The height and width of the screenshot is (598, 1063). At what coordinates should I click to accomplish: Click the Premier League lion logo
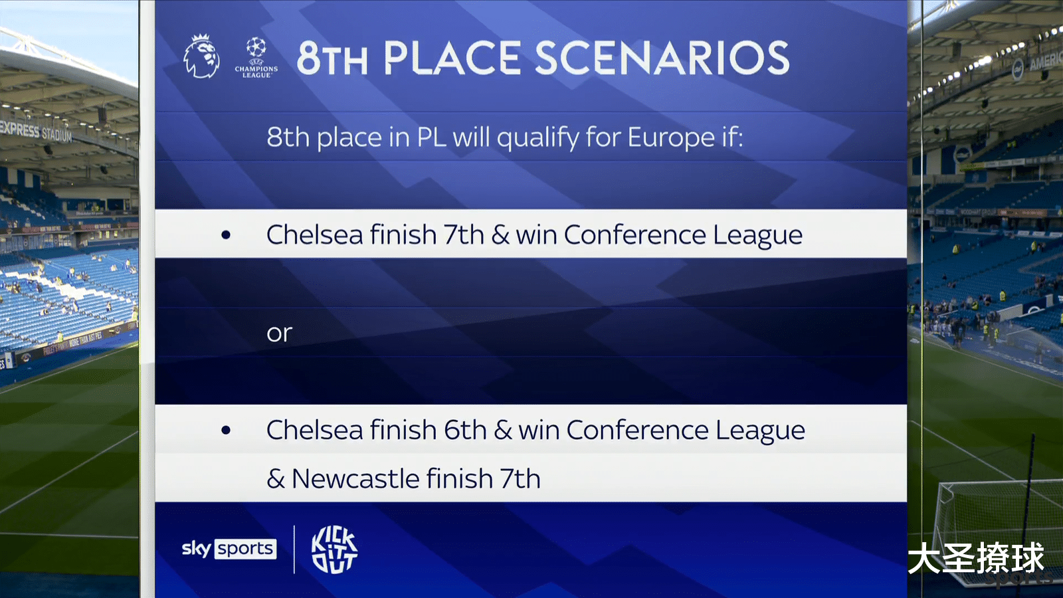(x=202, y=56)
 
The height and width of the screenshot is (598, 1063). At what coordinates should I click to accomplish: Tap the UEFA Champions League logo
(x=256, y=57)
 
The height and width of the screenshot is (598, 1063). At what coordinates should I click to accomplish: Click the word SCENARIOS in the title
(x=662, y=58)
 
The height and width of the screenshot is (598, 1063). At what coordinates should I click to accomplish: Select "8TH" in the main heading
(x=332, y=58)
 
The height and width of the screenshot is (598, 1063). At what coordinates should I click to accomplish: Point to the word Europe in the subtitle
(x=671, y=138)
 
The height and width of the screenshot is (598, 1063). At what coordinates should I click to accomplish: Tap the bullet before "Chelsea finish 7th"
(x=226, y=235)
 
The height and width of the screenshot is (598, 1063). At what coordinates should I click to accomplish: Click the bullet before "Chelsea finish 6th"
(x=226, y=430)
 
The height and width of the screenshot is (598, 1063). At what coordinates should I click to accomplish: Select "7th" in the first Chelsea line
(x=464, y=235)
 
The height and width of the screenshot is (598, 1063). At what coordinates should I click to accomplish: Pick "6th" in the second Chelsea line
(x=466, y=430)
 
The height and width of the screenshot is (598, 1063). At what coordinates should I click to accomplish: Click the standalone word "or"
(x=280, y=333)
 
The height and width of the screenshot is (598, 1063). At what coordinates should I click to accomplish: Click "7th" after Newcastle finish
(x=520, y=478)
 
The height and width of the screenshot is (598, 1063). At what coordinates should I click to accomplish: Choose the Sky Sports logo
(x=229, y=549)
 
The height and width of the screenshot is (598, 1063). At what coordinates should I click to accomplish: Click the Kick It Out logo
(x=334, y=549)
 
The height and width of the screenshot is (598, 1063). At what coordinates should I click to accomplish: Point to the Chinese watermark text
(x=976, y=559)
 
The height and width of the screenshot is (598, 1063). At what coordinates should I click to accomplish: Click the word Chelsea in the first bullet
(x=315, y=235)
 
